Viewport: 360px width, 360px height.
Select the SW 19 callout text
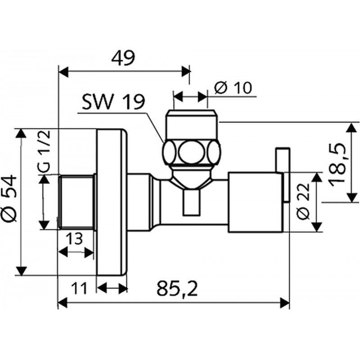click(x=112, y=103)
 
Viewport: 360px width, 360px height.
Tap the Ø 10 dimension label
click(x=234, y=88)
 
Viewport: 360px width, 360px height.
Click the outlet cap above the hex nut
click(x=191, y=124)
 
